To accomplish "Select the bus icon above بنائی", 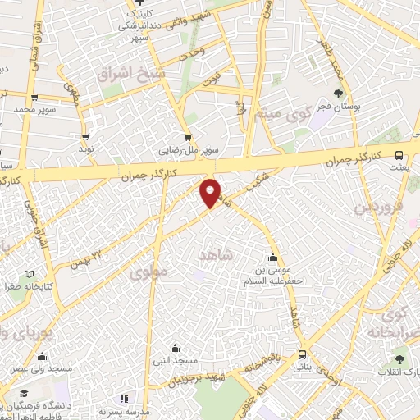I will [x=304, y=355].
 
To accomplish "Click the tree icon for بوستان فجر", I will [x=339, y=92].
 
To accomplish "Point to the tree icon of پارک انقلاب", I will [x=399, y=358].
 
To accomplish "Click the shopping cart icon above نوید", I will [x=85, y=137].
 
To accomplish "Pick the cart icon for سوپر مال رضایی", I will [x=189, y=138].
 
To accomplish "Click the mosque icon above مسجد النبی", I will [x=174, y=348].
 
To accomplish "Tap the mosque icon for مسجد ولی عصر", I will [x=41, y=356].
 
